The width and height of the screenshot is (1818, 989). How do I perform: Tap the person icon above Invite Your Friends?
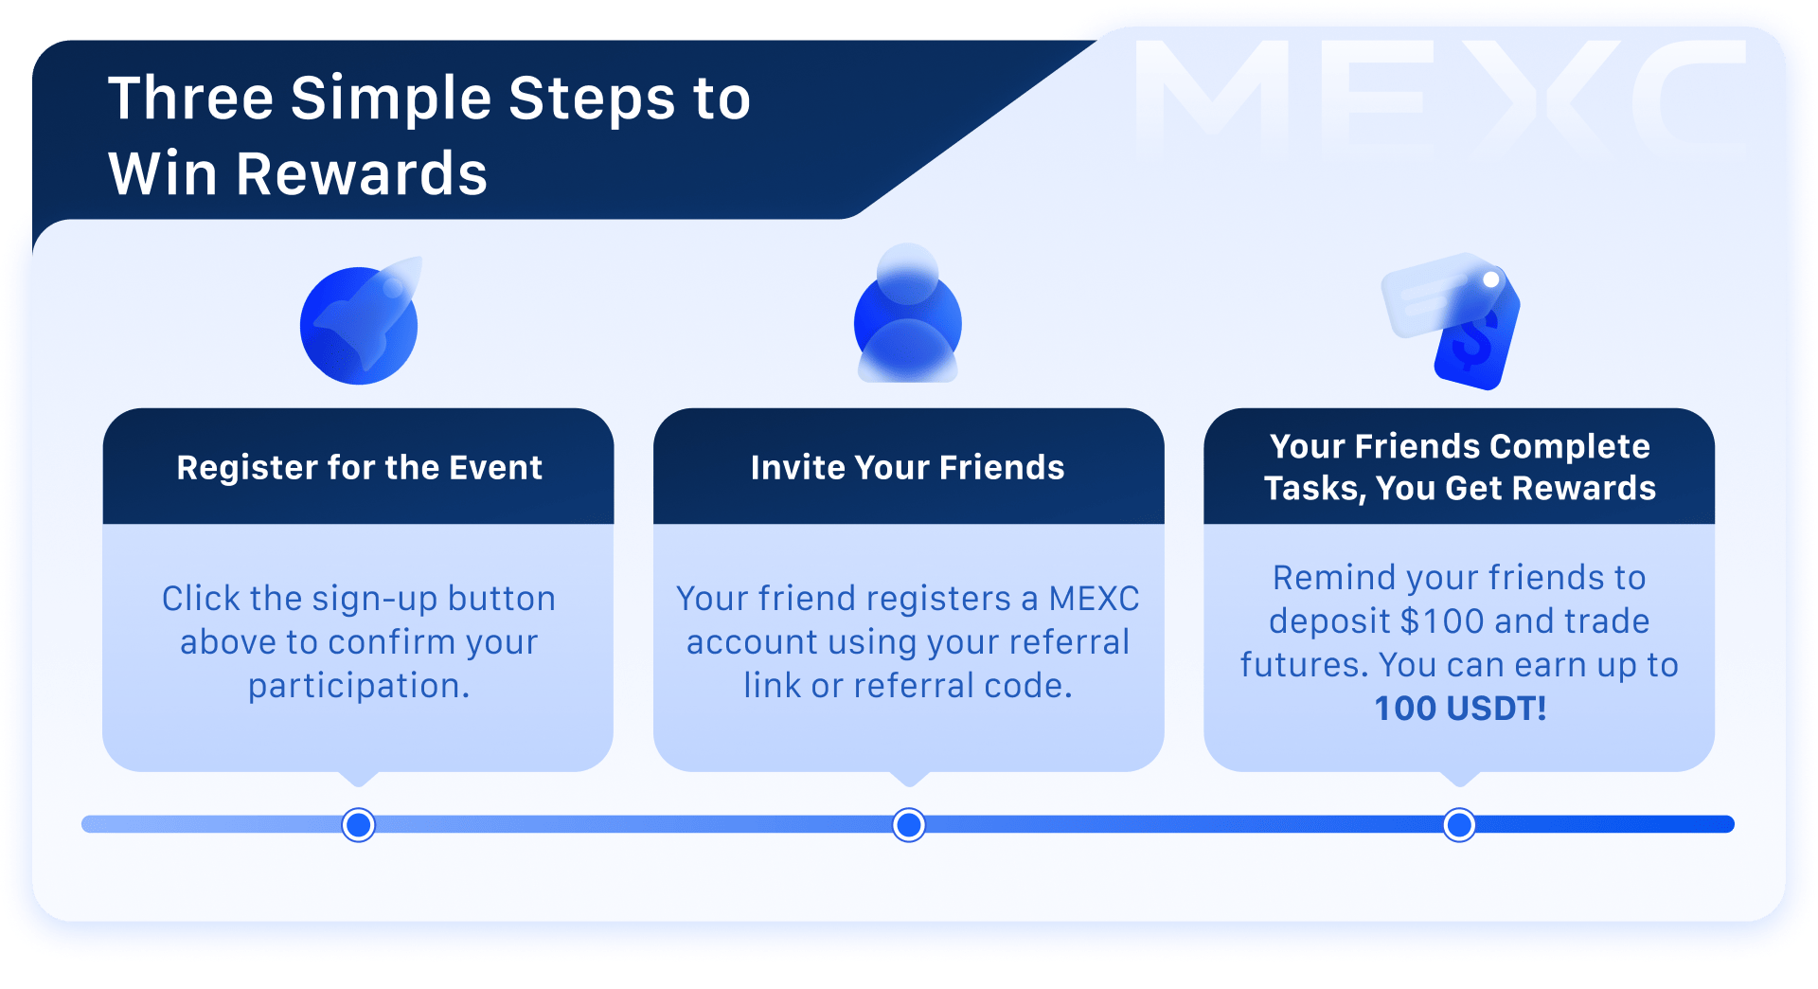click(x=907, y=316)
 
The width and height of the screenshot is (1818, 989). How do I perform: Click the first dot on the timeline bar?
click(x=359, y=825)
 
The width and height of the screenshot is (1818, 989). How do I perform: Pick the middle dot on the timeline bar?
click(x=909, y=825)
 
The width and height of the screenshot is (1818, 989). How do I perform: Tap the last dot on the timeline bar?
click(x=1459, y=825)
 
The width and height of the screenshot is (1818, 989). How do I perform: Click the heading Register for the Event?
click(x=359, y=468)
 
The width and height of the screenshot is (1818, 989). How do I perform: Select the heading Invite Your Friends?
click(x=907, y=468)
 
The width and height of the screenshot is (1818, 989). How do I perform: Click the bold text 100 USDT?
click(x=1460, y=709)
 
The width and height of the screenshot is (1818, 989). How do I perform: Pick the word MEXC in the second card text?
click(x=1094, y=600)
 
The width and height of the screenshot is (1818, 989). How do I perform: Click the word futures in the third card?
click(x=1304, y=665)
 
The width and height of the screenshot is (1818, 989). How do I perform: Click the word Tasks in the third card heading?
click(x=1314, y=489)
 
